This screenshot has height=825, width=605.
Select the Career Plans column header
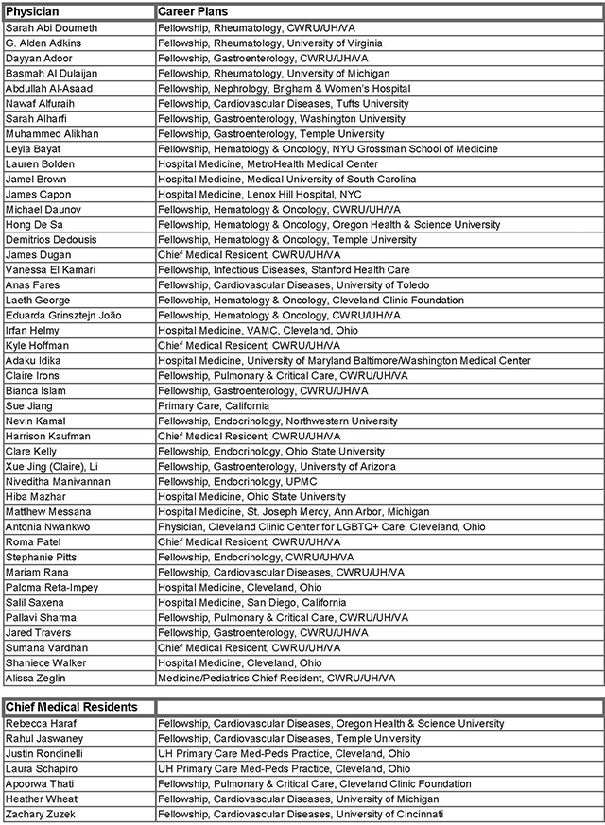[194, 12]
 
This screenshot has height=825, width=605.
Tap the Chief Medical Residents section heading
[72, 707]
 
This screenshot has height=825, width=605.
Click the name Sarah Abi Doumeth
[51, 28]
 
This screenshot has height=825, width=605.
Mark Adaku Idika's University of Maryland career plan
[344, 361]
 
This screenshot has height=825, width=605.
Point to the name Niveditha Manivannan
[58, 482]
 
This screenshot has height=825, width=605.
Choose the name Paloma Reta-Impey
[52, 588]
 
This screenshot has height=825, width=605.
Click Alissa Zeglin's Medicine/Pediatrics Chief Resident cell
[276, 679]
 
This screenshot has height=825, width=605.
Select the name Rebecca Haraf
[43, 724]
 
